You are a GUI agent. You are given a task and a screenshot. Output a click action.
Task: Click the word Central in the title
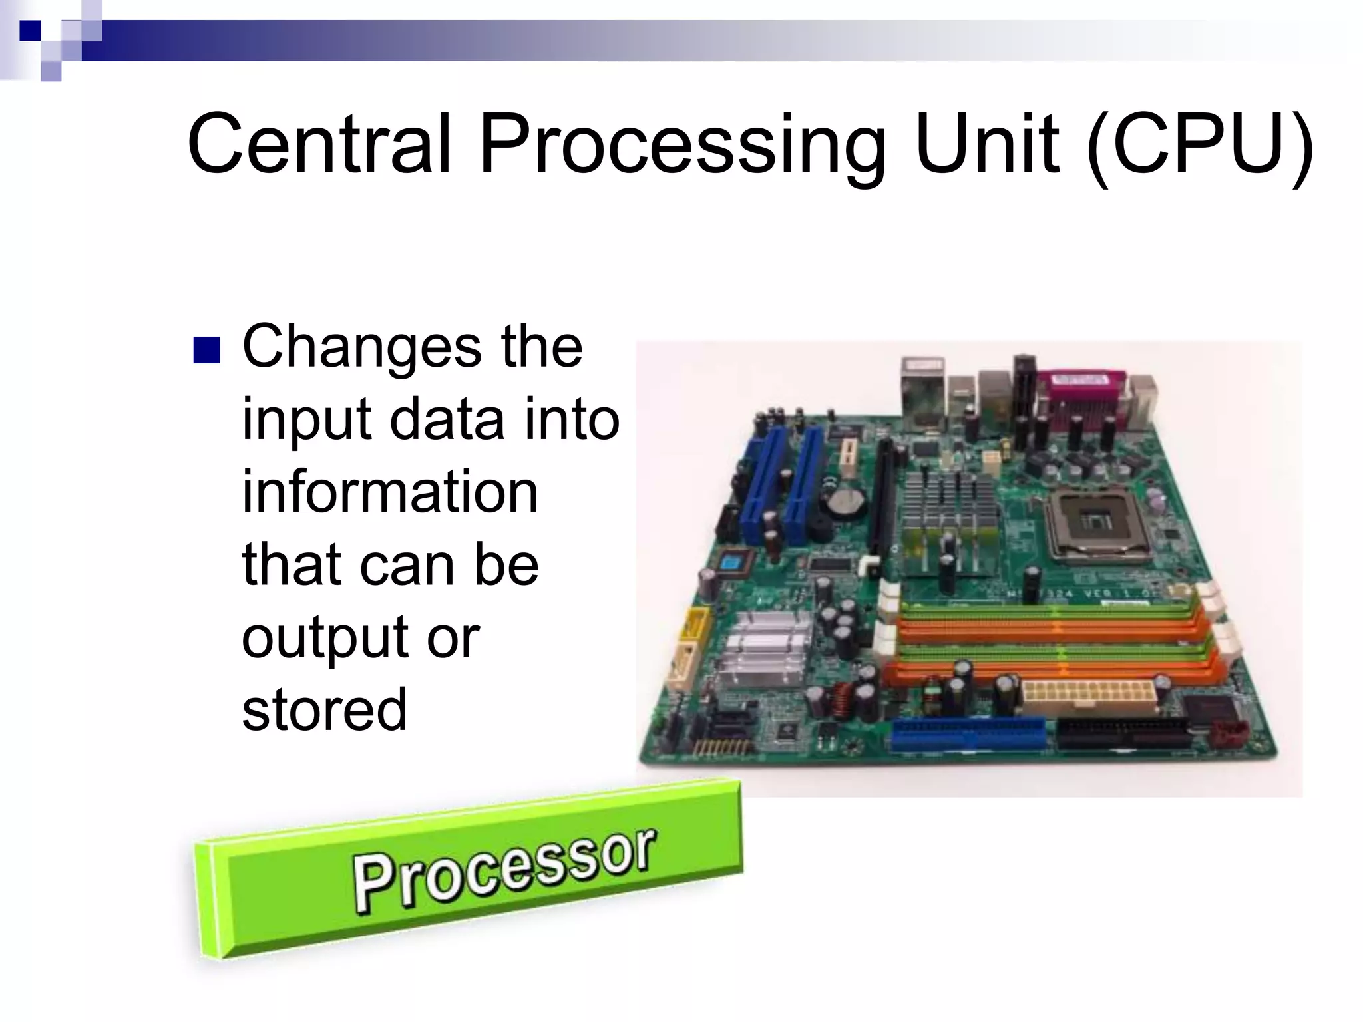(317, 145)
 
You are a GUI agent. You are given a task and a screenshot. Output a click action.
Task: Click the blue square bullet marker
(206, 351)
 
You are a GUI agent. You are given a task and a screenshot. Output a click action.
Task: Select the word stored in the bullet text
(324, 709)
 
